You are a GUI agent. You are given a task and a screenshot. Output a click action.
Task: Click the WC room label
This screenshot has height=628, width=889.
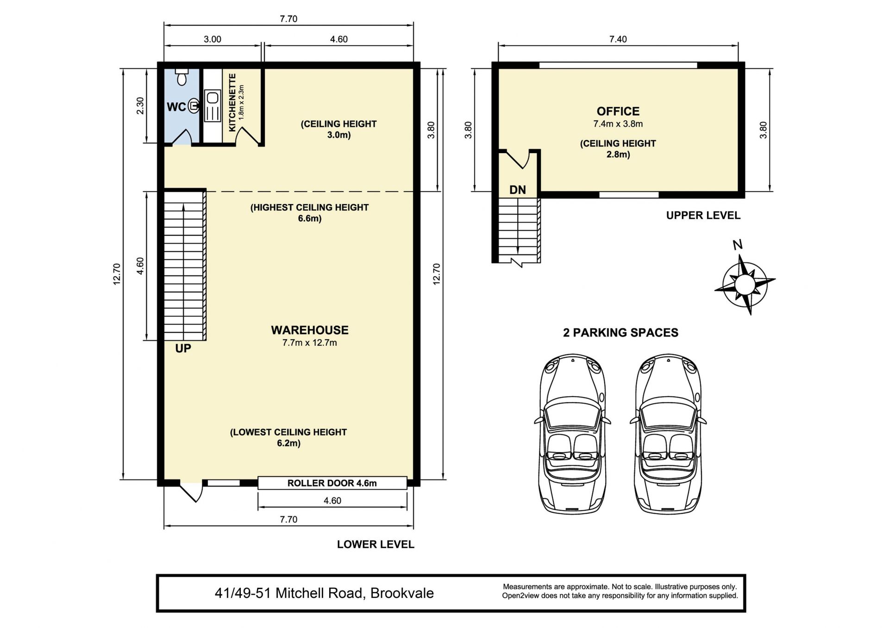pos(176,107)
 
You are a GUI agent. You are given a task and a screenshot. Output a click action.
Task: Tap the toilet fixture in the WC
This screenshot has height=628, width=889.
pos(182,77)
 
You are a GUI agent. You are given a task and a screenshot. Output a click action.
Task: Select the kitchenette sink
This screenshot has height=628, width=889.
pos(213,98)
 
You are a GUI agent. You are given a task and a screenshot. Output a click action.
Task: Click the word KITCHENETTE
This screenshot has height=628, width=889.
pos(232,102)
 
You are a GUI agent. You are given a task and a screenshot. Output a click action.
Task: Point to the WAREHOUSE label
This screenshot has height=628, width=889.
pos(310,330)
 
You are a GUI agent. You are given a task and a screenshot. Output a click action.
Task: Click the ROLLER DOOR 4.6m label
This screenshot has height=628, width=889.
pos(332,483)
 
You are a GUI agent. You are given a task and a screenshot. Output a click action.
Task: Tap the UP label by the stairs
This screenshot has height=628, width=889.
pos(183,348)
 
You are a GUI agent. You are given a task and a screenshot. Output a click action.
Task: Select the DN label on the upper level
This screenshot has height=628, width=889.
pos(518,190)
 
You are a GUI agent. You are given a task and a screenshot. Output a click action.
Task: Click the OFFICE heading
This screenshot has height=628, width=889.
pos(618,112)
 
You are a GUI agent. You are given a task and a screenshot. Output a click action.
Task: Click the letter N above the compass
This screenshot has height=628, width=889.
pos(738,245)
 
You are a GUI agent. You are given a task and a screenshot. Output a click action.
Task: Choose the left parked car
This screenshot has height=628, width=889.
pos(573,434)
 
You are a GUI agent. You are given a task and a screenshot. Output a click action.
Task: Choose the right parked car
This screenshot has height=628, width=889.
pos(668,434)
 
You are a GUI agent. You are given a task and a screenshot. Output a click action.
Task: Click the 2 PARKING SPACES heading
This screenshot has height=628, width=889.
pos(620,333)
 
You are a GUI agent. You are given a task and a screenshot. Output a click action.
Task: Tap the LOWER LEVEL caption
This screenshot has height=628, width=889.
pos(376,544)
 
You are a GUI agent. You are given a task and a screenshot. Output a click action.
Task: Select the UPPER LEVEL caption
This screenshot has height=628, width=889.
pos(703,215)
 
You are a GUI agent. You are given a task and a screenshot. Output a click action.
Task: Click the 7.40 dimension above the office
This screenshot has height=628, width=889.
pos(618,39)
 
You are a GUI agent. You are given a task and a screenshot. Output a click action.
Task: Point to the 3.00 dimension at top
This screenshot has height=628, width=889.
pos(213,39)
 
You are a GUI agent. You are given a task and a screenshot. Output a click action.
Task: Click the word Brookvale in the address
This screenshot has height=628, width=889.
pos(402,593)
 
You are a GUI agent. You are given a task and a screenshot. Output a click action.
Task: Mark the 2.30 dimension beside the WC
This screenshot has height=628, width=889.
pos(140,106)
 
